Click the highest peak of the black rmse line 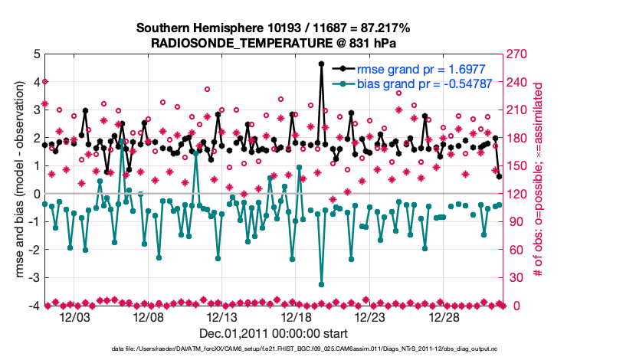click(321, 64)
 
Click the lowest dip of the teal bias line click(321, 285)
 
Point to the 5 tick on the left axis click(36, 54)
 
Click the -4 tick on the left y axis click(34, 306)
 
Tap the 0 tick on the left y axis click(36, 194)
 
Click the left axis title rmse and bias click(17, 180)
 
